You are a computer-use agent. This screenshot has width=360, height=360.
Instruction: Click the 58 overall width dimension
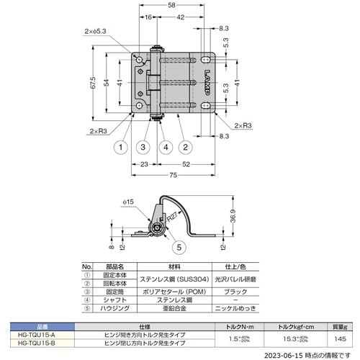[171, 6]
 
